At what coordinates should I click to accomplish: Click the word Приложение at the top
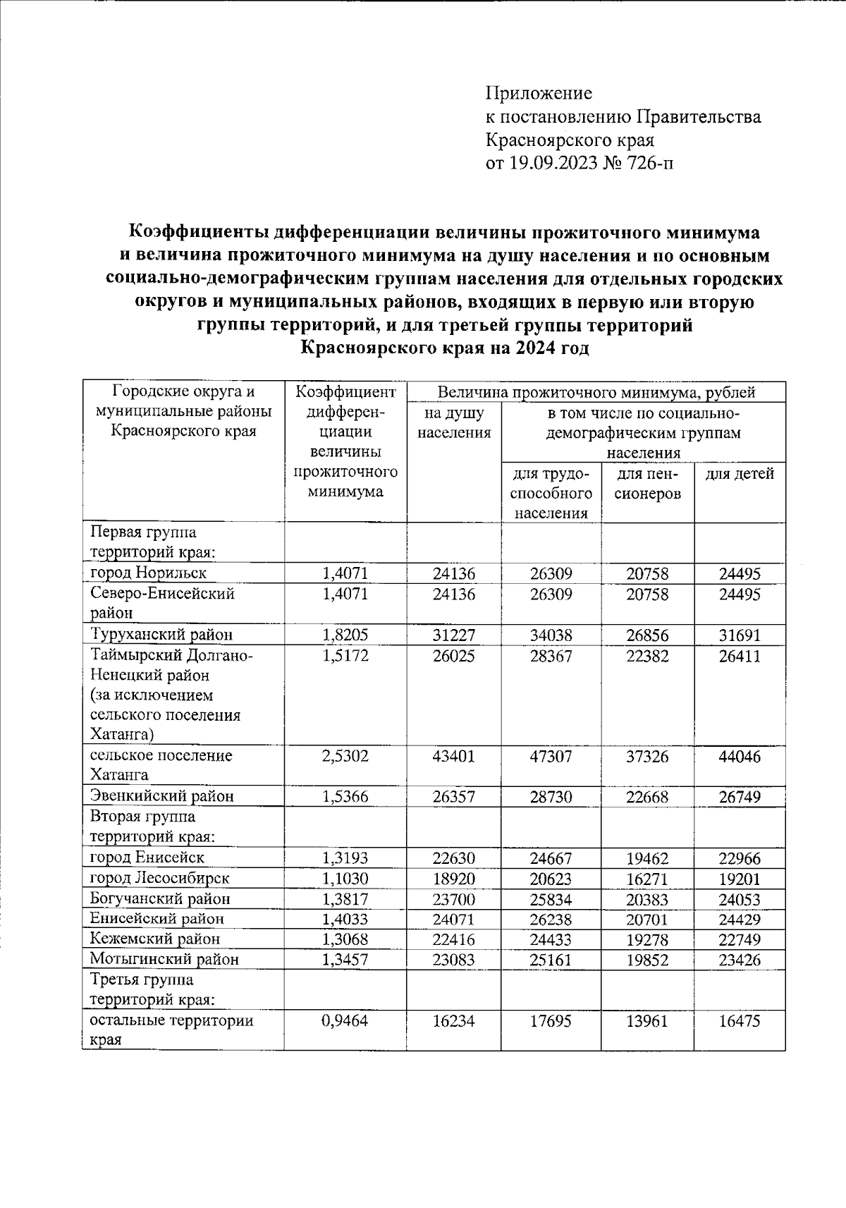[539, 93]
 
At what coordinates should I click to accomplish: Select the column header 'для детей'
[740, 474]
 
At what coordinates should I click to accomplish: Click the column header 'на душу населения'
[453, 423]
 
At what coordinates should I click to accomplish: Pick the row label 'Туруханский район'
[161, 635]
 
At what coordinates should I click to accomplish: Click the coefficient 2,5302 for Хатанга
[345, 757]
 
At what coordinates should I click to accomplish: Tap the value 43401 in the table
[453, 757]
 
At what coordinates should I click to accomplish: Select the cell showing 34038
[551, 635]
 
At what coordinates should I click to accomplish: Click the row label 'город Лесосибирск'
[159, 879]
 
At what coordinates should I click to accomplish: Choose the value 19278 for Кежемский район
[647, 940]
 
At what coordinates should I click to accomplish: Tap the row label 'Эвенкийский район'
[161, 796]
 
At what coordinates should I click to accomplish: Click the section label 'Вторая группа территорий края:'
[152, 827]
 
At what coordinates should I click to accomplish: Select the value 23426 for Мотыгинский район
[740, 960]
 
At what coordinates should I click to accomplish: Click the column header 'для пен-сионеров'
[647, 484]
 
